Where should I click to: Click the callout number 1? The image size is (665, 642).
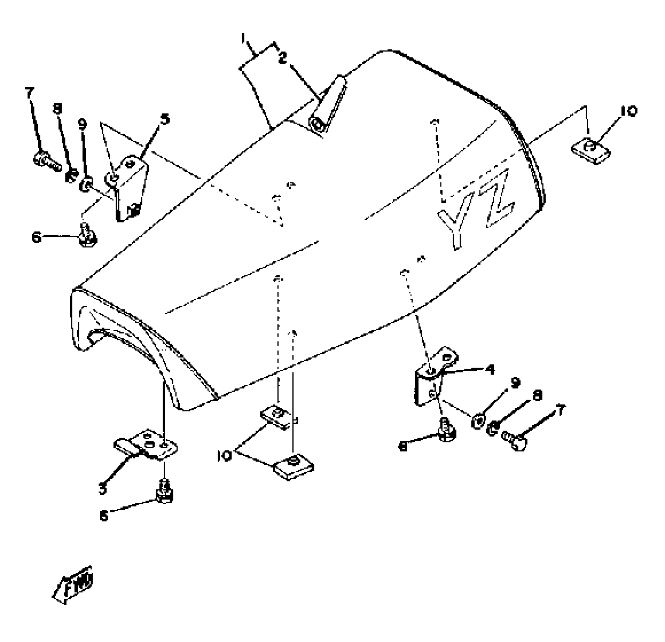coord(244,38)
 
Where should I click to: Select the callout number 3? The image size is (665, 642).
coord(103,489)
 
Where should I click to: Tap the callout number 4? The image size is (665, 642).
coord(490,369)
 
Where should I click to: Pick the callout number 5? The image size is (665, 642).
coord(165,119)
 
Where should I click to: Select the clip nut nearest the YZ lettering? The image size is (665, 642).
coord(590,150)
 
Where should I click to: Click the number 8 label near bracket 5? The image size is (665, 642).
coord(57,110)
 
